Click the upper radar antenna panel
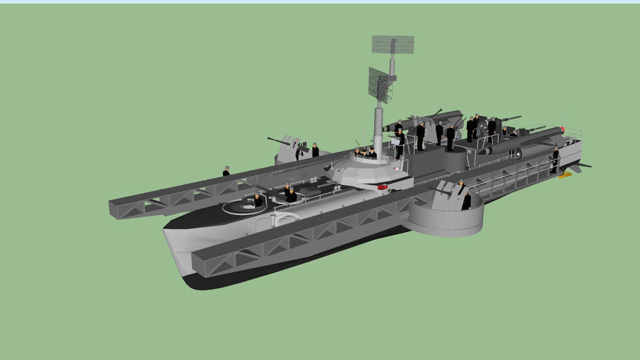[x=392, y=44]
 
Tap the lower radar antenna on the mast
[x=380, y=84]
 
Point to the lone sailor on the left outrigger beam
[x=226, y=171]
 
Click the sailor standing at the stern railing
[x=555, y=160]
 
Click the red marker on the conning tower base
[x=383, y=187]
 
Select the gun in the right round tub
[x=444, y=191]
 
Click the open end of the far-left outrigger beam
[x=117, y=208]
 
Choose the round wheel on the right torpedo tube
[x=518, y=154]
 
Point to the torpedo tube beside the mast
[x=422, y=119]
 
